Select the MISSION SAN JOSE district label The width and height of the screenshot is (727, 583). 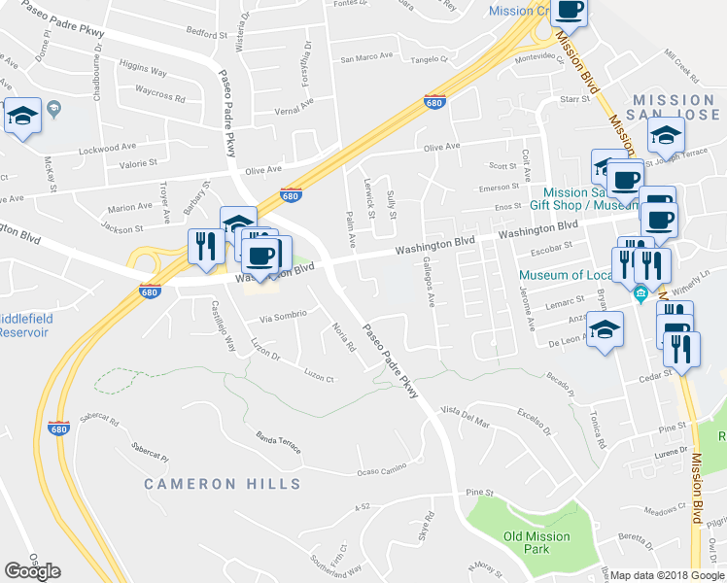click(674, 109)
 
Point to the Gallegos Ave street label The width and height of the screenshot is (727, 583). click(428, 282)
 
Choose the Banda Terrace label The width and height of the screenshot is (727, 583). click(278, 443)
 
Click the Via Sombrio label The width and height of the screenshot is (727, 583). click(284, 317)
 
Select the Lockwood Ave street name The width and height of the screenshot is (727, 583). click(108, 148)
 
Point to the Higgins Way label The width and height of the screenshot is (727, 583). click(143, 71)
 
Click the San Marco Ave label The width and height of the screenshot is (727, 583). click(365, 56)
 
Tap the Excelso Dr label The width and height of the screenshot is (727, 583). click(535, 422)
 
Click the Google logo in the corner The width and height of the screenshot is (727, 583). click(32, 571)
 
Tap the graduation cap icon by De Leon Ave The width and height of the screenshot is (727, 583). click(606, 330)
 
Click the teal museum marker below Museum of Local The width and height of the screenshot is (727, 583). click(640, 293)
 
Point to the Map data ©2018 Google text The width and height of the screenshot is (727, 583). click(667, 575)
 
